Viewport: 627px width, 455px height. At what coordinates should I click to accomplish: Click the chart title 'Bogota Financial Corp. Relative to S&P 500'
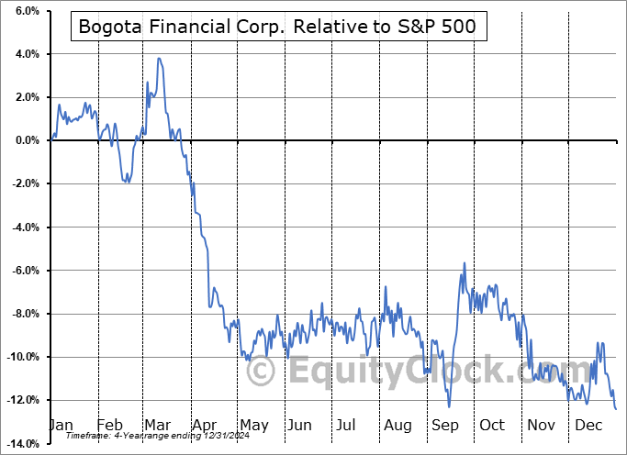pyautogui.click(x=277, y=27)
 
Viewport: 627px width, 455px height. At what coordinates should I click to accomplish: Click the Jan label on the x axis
pyautogui.click(x=61, y=426)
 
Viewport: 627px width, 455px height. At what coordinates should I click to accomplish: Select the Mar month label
pyautogui.click(x=157, y=426)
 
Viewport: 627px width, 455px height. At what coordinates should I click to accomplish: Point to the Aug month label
pyautogui.click(x=398, y=426)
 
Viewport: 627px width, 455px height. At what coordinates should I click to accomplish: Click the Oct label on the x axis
pyautogui.click(x=492, y=426)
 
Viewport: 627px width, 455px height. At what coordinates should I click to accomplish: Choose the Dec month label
pyautogui.click(x=588, y=426)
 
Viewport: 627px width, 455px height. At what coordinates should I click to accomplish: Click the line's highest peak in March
pyautogui.click(x=159, y=59)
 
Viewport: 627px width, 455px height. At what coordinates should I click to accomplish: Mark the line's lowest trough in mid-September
pyautogui.click(x=449, y=406)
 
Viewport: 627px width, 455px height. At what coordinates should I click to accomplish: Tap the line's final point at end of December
pyautogui.click(x=615, y=409)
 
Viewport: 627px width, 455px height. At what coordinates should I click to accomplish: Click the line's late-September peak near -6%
pyautogui.click(x=464, y=263)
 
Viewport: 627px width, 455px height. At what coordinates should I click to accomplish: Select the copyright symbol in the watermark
pyautogui.click(x=262, y=371)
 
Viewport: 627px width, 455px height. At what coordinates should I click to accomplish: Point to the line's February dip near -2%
pyautogui.click(x=129, y=182)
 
